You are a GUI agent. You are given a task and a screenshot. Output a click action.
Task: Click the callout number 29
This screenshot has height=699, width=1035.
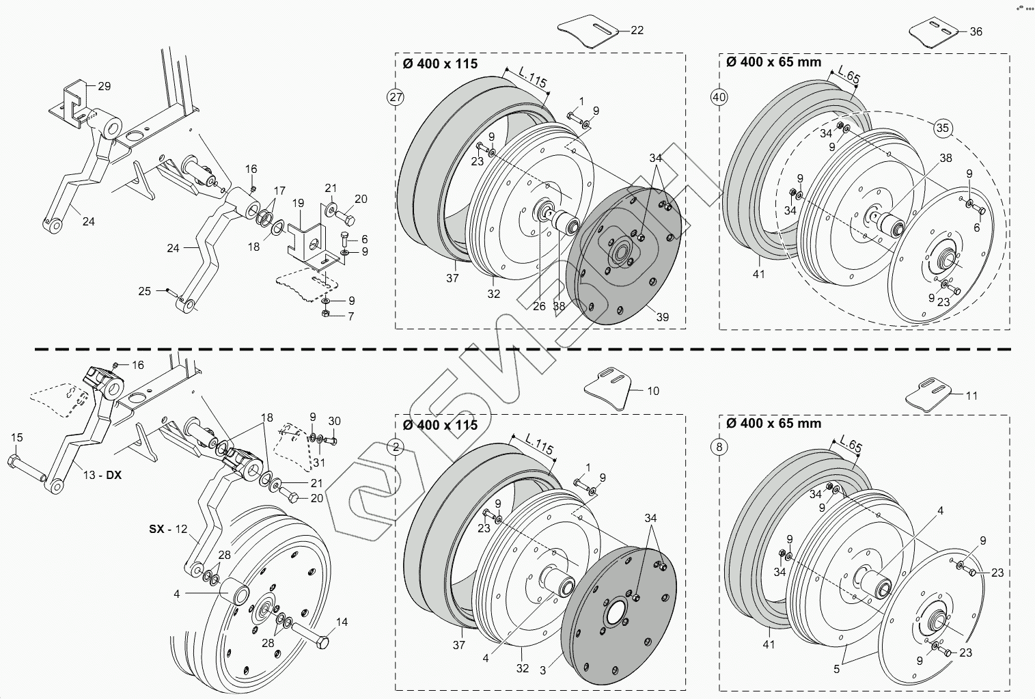coord(104,86)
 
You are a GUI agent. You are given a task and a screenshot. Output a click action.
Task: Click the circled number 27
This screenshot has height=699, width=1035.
coord(396,97)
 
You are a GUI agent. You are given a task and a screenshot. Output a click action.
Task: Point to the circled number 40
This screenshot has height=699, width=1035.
coord(719,97)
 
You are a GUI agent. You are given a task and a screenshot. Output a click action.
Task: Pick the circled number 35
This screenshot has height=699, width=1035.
coord(943,128)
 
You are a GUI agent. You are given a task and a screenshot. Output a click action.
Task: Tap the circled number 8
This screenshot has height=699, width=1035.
coord(719,448)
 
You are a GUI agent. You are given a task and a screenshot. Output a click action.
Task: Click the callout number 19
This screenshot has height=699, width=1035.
coord(298,203)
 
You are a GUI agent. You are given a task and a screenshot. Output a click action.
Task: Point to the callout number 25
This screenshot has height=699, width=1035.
coord(144,291)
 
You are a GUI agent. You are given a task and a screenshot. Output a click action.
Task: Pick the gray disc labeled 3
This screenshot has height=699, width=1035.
coord(618,622)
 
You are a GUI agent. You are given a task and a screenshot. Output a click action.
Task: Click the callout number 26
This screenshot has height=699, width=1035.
coord(539,306)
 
